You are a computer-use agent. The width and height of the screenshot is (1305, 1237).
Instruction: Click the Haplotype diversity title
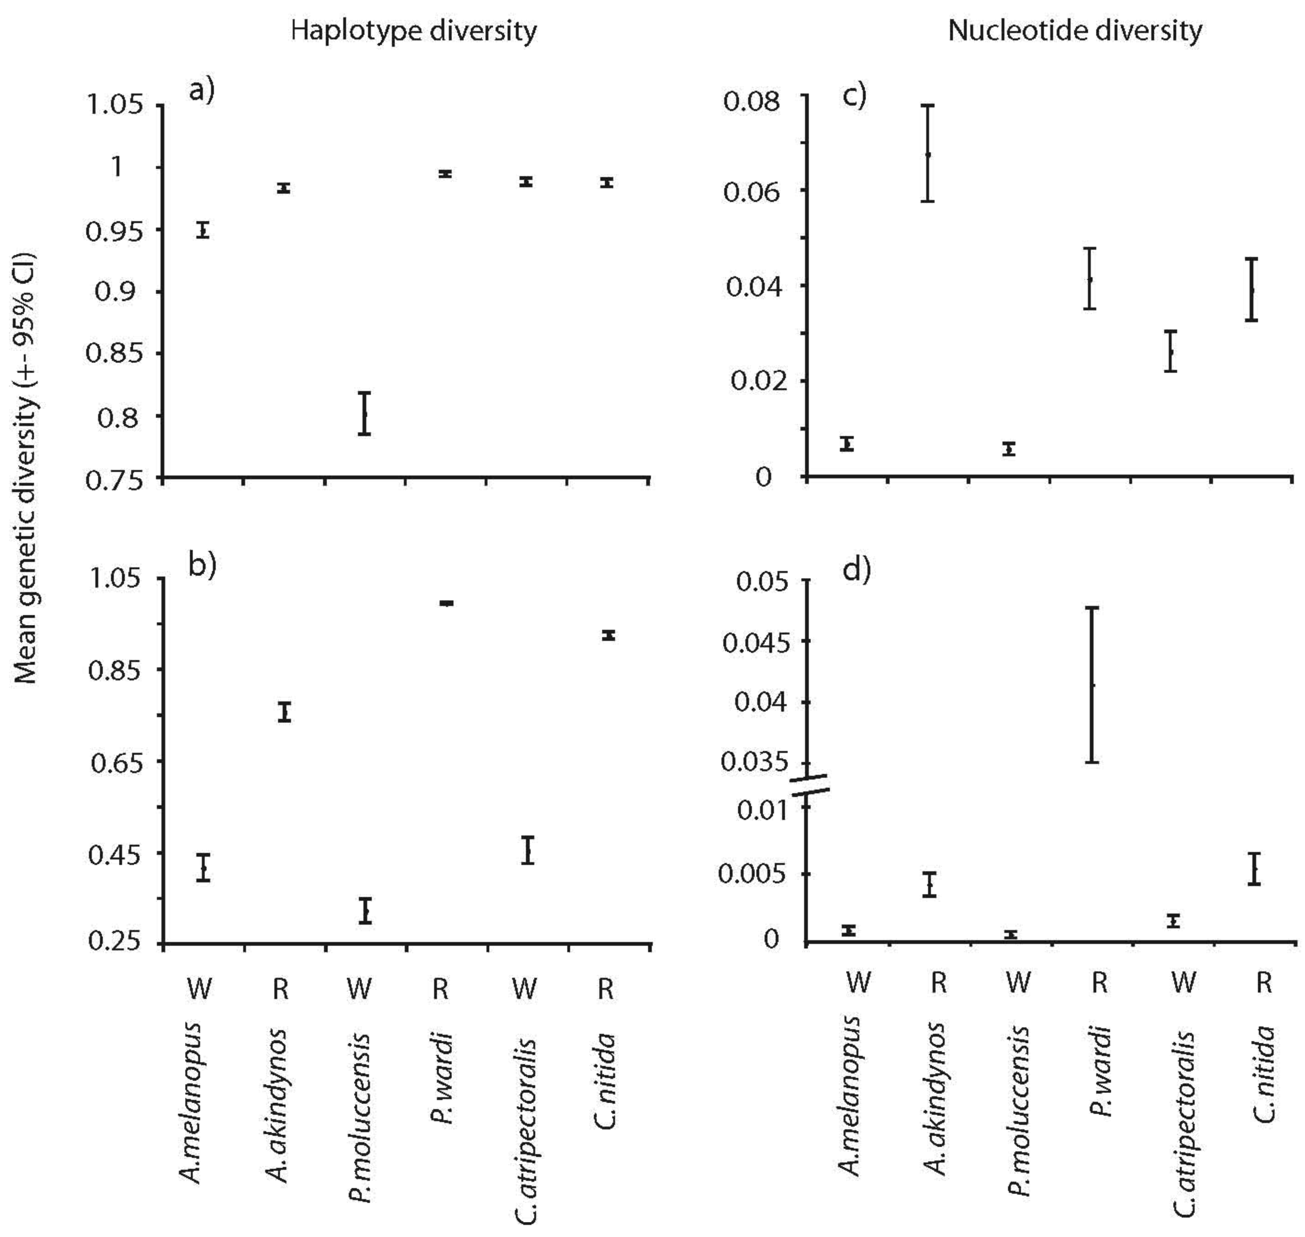(414, 31)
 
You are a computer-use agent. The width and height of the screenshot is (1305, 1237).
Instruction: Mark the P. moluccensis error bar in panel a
(364, 413)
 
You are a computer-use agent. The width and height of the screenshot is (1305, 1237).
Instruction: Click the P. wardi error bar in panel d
(1092, 685)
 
